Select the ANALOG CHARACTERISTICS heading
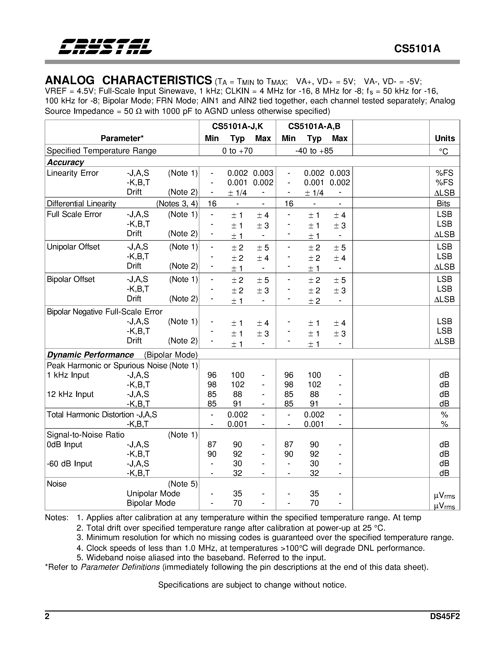128,80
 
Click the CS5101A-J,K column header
237,126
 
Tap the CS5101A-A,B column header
314,126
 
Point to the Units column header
444,138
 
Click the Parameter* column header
122,138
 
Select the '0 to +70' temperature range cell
237,151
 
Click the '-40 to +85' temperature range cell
314,151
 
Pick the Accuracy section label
65,162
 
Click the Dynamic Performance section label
90,355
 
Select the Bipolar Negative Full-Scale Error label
105,312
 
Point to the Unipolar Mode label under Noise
153,493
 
